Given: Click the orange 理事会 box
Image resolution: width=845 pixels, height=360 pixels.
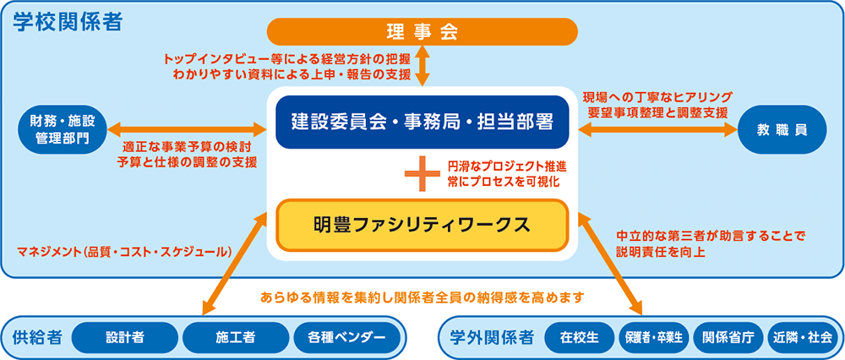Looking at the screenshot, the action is (422, 32).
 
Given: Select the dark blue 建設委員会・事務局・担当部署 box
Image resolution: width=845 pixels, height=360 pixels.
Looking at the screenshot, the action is (422, 122).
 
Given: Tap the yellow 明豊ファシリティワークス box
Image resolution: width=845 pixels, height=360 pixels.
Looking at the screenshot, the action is (422, 225).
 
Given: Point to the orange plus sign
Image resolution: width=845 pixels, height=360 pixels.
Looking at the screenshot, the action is (423, 173).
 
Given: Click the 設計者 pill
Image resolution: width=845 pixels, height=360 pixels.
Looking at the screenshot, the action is (124, 338).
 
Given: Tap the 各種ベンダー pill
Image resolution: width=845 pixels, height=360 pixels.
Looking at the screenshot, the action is (346, 338).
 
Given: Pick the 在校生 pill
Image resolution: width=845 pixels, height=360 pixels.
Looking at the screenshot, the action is (580, 338).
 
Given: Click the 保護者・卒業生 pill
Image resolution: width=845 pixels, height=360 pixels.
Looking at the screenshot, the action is (654, 338).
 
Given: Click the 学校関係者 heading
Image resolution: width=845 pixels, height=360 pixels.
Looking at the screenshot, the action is (68, 22).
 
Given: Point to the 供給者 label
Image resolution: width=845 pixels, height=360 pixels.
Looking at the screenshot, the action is (36, 338).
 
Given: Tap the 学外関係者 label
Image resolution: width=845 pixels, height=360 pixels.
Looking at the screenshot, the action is (492, 338).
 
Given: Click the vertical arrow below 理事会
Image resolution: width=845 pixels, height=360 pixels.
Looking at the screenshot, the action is (423, 66).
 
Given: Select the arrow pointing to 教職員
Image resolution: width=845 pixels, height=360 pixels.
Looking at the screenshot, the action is (657, 130).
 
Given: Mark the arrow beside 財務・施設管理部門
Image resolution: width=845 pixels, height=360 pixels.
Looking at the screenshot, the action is (187, 129).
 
